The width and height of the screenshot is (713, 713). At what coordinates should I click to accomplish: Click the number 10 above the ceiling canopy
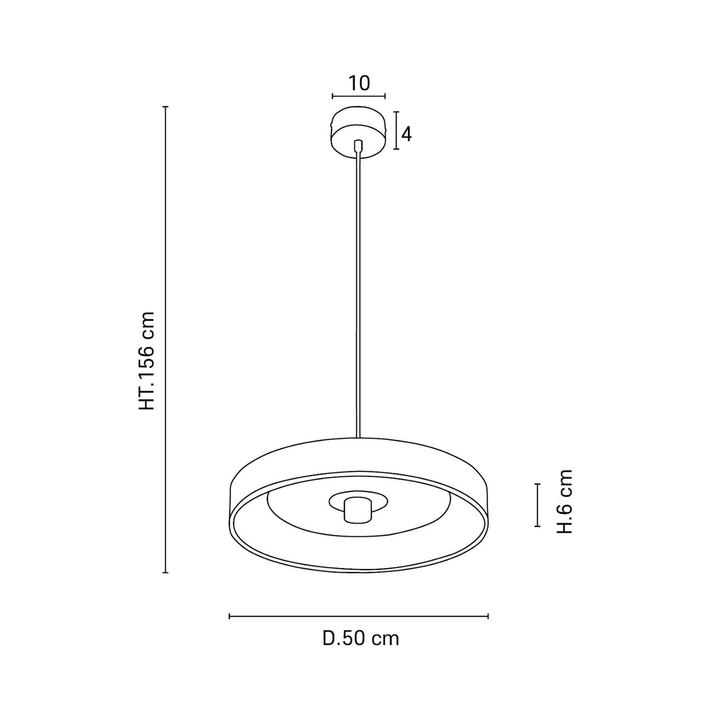pyautogui.click(x=359, y=84)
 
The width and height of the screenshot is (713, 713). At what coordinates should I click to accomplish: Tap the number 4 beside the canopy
pyautogui.click(x=406, y=133)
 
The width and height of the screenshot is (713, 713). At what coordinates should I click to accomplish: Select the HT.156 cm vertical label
pyautogui.click(x=147, y=361)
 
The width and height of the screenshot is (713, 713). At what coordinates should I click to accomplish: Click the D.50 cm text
pyautogui.click(x=361, y=639)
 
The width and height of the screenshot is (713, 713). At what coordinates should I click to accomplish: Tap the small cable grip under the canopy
pyautogui.click(x=358, y=145)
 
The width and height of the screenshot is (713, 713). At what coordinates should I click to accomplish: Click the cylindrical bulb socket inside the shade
pyautogui.click(x=357, y=510)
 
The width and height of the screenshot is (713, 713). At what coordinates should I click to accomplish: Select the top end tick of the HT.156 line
pyautogui.click(x=166, y=107)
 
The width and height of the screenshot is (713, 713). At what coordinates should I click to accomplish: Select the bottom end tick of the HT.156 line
pyautogui.click(x=166, y=573)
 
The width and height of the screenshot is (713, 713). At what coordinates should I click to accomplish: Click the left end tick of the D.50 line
pyautogui.click(x=229, y=616)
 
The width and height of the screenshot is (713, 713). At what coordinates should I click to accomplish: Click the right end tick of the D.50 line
pyautogui.click(x=488, y=616)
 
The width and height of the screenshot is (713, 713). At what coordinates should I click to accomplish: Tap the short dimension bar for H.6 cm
pyautogui.click(x=538, y=505)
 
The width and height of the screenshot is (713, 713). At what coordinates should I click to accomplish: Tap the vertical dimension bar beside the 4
pyautogui.click(x=396, y=130)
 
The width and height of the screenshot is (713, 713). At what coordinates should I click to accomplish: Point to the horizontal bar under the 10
pyautogui.click(x=359, y=96)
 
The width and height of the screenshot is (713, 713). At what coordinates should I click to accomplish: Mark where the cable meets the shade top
pyautogui.click(x=358, y=438)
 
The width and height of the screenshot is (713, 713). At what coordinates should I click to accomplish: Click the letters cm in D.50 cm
pyautogui.click(x=386, y=639)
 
